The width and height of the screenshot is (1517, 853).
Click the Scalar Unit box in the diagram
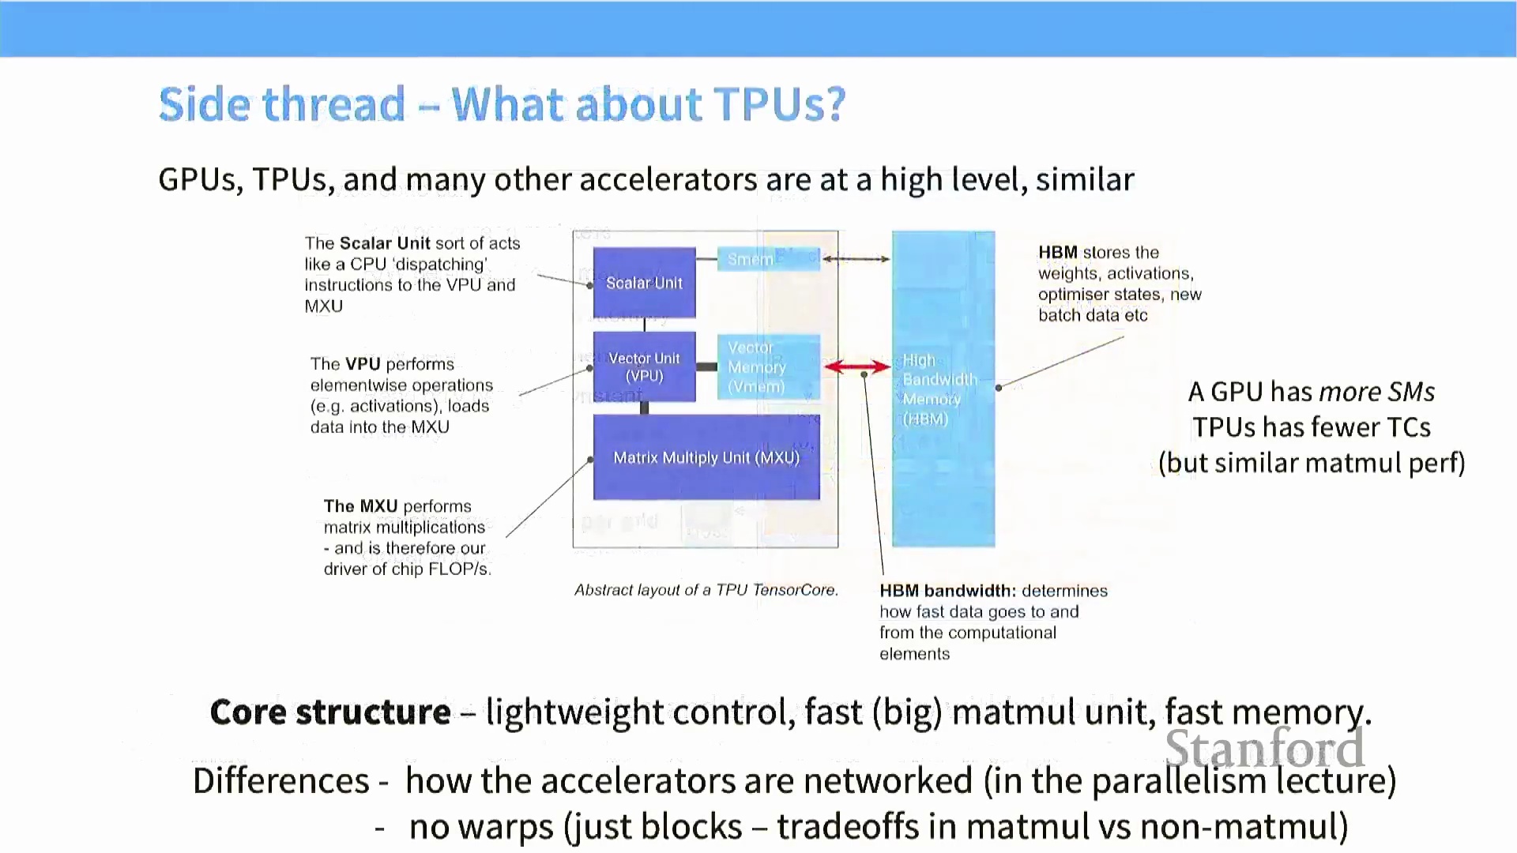tap(644, 283)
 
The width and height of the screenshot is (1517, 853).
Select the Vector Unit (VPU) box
tap(644, 367)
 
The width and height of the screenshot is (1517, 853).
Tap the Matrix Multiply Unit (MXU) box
tap(706, 457)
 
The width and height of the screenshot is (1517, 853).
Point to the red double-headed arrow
tap(856, 366)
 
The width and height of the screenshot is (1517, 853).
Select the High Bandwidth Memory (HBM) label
tap(939, 389)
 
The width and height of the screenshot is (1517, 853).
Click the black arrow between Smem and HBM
tap(856, 259)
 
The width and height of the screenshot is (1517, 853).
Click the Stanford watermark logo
tap(1264, 748)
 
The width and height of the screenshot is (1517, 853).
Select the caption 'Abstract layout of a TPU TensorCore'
tap(706, 590)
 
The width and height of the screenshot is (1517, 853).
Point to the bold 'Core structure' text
tap(330, 712)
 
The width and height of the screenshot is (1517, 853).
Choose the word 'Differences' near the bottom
tap(281, 781)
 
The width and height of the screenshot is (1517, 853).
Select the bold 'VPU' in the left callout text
tap(363, 364)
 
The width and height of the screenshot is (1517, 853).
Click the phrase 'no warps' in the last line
tap(481, 827)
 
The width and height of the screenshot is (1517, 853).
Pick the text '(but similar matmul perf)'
tap(1312, 463)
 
